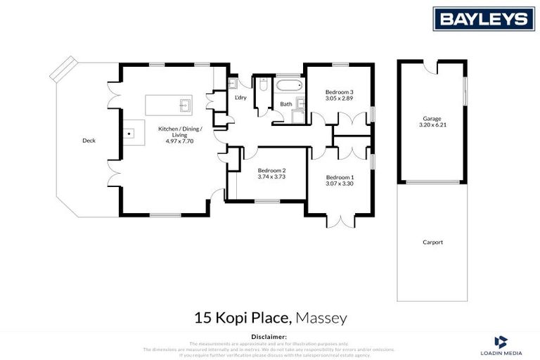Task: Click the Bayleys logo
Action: point(483,19)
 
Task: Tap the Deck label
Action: point(89,141)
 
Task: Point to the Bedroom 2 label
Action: point(271,170)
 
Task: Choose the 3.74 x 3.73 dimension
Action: point(271,177)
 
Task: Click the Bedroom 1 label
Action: point(340,177)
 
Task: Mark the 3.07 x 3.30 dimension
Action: point(340,184)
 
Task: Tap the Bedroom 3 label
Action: point(339,92)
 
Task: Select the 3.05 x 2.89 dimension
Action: point(339,99)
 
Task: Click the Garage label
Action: point(432,119)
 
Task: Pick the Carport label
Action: point(432,243)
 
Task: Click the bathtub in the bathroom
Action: point(287,88)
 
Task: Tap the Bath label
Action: point(286,105)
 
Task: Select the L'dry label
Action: point(240,98)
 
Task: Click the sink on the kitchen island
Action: point(184,106)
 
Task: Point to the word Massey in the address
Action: point(321,319)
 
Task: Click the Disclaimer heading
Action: point(269,337)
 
